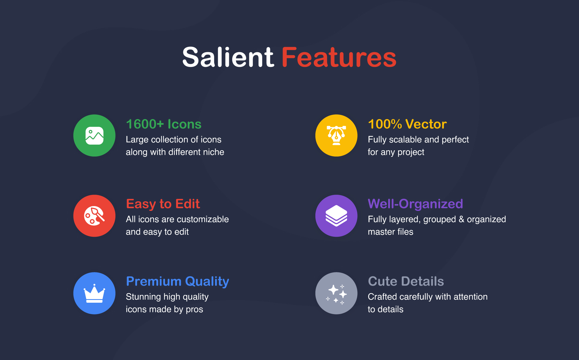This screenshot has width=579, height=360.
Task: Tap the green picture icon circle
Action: [x=94, y=136]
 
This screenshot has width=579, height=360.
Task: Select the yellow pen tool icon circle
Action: [x=336, y=136]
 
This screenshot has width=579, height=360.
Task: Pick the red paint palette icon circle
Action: [x=94, y=216]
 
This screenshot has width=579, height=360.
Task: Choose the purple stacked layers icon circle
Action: [x=336, y=216]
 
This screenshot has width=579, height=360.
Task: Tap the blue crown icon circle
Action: [x=94, y=293]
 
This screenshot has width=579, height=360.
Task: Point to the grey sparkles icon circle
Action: [x=336, y=293]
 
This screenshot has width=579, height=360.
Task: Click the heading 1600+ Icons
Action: [x=164, y=124]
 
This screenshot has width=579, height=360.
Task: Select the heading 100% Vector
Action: [x=407, y=124]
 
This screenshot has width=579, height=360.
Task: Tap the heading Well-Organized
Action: [x=415, y=204]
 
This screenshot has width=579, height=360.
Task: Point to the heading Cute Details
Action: [x=406, y=281]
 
